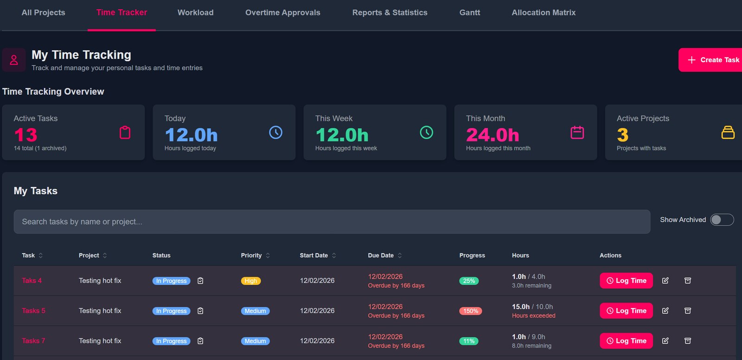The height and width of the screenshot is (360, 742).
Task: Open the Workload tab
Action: [195, 13]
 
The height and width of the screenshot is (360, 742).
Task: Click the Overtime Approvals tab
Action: [282, 13]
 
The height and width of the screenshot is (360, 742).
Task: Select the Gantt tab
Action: [469, 13]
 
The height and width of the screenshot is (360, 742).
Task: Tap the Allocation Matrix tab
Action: [544, 13]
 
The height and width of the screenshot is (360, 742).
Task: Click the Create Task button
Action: [710, 60]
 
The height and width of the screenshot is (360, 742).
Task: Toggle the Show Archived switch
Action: [722, 220]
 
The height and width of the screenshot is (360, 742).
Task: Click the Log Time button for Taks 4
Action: [626, 281]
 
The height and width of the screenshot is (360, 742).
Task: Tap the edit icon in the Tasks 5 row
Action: [665, 311]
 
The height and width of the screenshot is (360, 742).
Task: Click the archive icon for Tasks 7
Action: [688, 341]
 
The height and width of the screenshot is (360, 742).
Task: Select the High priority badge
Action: [251, 281]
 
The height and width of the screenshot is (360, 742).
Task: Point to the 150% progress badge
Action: [470, 311]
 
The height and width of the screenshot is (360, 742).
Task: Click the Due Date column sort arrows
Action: [400, 255]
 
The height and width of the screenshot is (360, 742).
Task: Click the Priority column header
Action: [251, 255]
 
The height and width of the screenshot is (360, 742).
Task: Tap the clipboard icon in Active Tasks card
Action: [125, 133]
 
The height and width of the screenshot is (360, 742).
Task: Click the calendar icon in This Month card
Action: [577, 133]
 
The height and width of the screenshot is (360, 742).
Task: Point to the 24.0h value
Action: [493, 135]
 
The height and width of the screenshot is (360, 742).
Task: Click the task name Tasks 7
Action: [33, 341]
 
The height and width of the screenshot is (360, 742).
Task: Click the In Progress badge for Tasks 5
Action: [171, 311]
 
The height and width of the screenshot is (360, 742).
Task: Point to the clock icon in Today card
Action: [275, 133]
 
